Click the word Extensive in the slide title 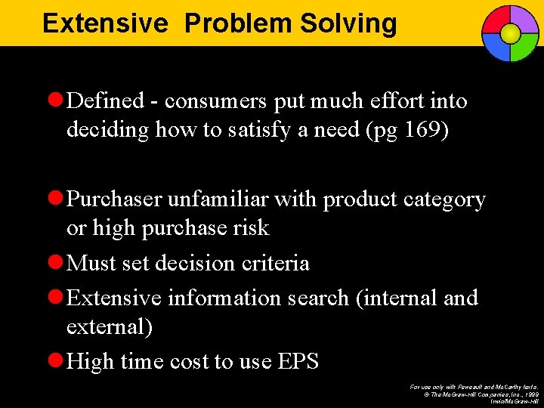click(x=104, y=23)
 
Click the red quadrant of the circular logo click(x=495, y=20)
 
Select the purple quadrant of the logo click(x=525, y=20)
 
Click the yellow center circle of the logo click(x=510, y=33)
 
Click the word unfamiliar click(x=215, y=199)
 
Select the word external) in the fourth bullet click(x=110, y=326)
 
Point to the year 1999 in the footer click(x=532, y=393)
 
